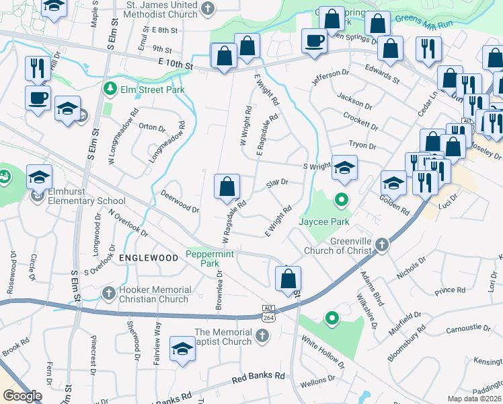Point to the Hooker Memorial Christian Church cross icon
pos(108,293)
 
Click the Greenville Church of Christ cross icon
pos(383,244)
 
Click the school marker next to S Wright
pos(344,168)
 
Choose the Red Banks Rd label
pos(258,376)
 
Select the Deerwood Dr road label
pos(180,201)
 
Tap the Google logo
pos(22,396)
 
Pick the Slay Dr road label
pos(277,182)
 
